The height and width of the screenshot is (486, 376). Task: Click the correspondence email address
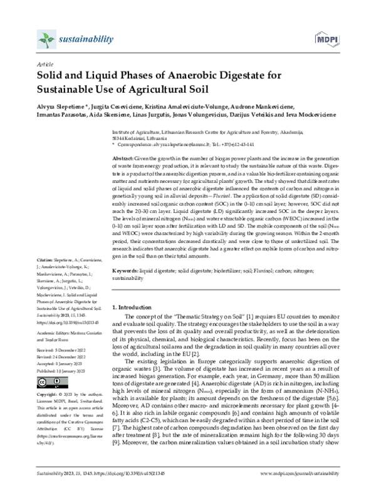pos(174,143)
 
